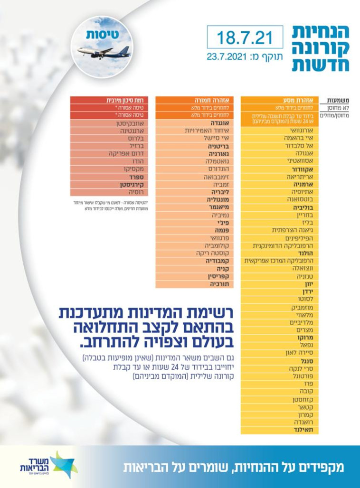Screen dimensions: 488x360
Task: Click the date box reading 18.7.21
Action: pyautogui.click(x=245, y=37)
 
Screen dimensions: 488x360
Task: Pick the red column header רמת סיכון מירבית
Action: pyautogui.click(x=112, y=101)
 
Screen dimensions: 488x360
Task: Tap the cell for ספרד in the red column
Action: pyautogui.click(x=112, y=177)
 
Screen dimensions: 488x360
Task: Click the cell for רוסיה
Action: pyautogui.click(x=112, y=192)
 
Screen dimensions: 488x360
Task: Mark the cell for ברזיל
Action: pyautogui.click(x=112, y=146)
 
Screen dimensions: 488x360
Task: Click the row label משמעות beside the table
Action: pyautogui.click(x=339, y=101)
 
